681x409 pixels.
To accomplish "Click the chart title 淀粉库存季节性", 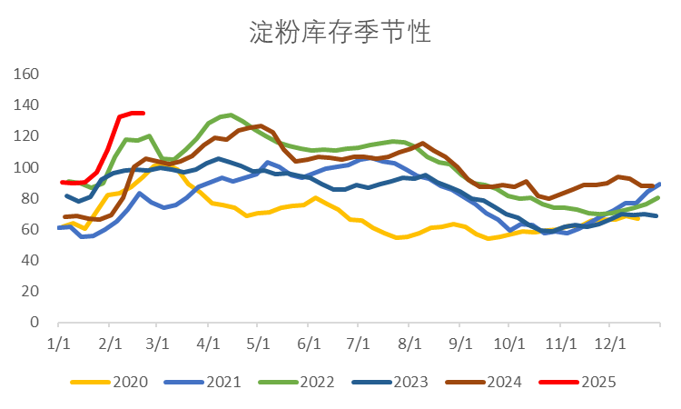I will [340, 33].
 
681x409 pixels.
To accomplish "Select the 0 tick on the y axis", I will [35, 323].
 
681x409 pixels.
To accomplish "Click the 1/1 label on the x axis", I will [58, 344].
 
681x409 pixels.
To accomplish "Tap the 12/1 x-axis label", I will [610, 344].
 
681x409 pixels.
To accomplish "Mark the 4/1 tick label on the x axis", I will [209, 344].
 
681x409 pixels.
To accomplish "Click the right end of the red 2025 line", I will [143, 113].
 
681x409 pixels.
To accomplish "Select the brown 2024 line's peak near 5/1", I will [260, 125].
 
